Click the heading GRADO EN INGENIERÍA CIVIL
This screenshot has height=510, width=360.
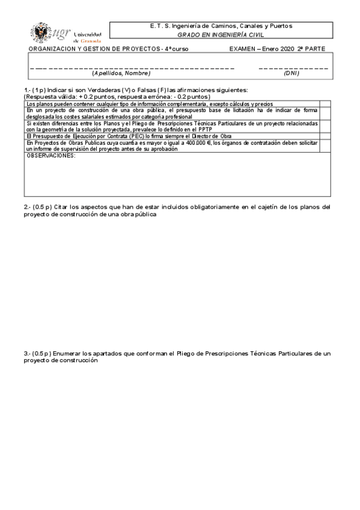point(221,35)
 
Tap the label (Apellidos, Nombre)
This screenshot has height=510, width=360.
point(121,73)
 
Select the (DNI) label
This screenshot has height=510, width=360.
point(292,73)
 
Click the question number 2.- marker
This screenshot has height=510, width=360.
point(27,207)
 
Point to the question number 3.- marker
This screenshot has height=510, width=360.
point(27,354)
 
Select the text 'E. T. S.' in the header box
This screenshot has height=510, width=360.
point(160,26)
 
